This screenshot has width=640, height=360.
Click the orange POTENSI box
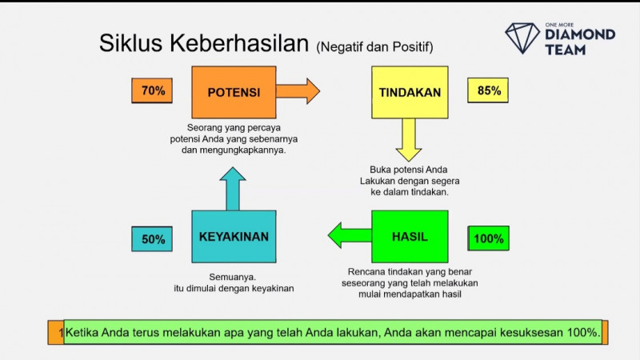234,92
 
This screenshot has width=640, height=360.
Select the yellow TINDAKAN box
410,92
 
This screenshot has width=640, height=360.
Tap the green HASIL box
410,237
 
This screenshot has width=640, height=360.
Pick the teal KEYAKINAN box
234,237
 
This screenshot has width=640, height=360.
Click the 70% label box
152,91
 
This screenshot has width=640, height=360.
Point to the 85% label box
488,91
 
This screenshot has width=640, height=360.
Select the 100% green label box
488,238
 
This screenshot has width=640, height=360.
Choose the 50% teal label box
153,238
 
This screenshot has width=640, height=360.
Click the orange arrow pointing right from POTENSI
298,90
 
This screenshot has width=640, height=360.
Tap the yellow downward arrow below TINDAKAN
409,139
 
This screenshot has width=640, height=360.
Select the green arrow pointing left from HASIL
350,235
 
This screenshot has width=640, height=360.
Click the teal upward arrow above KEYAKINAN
234,189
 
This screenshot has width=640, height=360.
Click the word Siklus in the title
130,43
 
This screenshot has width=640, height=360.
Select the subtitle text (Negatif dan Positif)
374,46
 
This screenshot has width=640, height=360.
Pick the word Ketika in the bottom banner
86,332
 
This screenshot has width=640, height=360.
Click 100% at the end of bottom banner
582,332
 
